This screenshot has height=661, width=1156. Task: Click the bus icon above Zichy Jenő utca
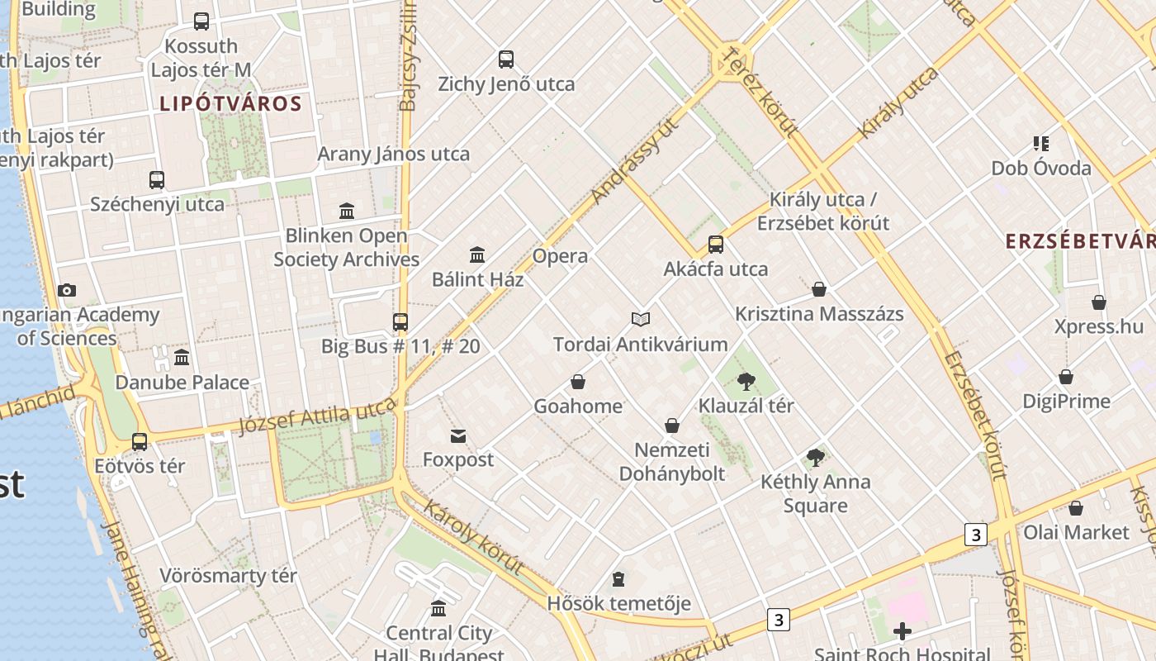pos(506,59)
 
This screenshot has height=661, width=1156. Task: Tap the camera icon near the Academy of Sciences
pos(67,290)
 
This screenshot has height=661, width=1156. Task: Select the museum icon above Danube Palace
pos(182,357)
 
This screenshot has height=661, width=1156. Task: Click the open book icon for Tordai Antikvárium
pos(641,319)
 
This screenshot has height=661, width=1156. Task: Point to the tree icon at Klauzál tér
pos(746,381)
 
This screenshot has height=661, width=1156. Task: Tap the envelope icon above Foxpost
pos(458,435)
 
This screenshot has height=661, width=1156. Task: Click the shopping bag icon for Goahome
pos(578,382)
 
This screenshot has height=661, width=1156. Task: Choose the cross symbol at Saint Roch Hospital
pos(903,632)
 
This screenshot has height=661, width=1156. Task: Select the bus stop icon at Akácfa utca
pos(716,245)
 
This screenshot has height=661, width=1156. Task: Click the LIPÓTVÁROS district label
pos(230,104)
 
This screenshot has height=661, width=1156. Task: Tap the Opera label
pos(561,256)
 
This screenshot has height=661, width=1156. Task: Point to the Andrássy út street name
pos(635,159)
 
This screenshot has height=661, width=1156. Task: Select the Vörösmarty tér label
pos(228,576)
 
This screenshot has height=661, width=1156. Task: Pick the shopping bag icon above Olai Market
pos(1076,508)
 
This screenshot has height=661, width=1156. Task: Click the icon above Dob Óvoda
pos(1040,144)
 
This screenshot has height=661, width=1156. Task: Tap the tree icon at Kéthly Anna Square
pos(816,457)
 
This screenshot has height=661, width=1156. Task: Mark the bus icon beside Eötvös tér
pos(140,442)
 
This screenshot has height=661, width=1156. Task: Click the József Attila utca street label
pos(318,415)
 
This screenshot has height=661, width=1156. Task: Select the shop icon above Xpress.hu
pos(1099,302)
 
